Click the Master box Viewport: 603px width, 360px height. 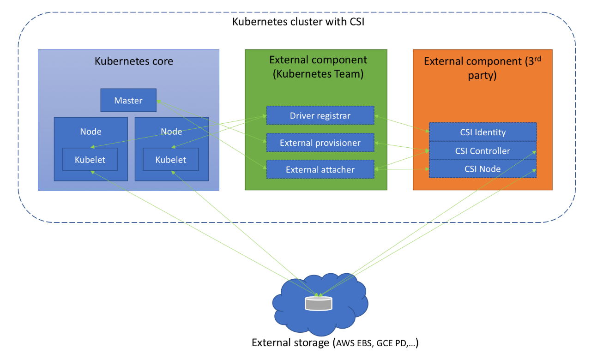tap(128, 100)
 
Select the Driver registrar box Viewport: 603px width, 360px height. tap(320, 115)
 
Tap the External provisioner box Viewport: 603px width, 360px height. tap(320, 143)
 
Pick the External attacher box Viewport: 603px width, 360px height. tap(320, 169)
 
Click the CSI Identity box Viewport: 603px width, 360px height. tap(482, 132)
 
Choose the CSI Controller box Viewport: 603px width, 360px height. tap(482, 151)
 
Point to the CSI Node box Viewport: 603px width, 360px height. tap(482, 169)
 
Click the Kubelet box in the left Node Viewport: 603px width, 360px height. tap(90, 160)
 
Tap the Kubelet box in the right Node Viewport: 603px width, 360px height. tap(171, 160)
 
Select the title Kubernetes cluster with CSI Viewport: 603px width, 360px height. tap(298, 22)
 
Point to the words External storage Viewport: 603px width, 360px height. tap(290, 343)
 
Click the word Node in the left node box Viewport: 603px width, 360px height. tap(90, 132)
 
